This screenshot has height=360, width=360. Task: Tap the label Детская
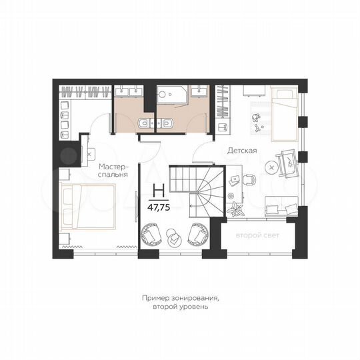point(242,151)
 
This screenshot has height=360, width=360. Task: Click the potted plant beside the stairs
point(235,209)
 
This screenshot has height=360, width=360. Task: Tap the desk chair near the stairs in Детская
point(249,179)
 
